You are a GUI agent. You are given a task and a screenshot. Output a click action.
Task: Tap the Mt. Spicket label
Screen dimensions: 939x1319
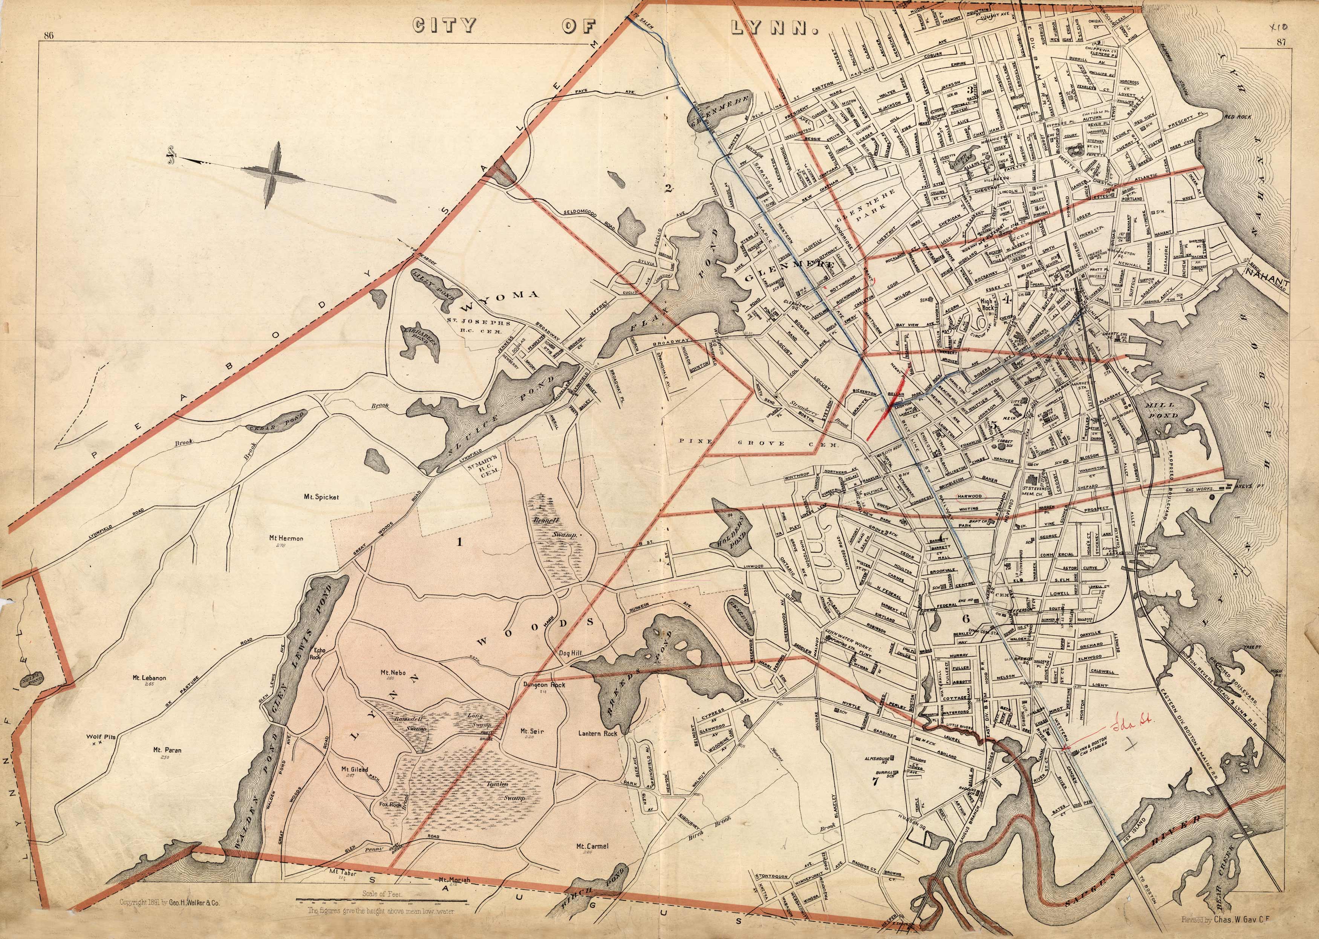point(320,497)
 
